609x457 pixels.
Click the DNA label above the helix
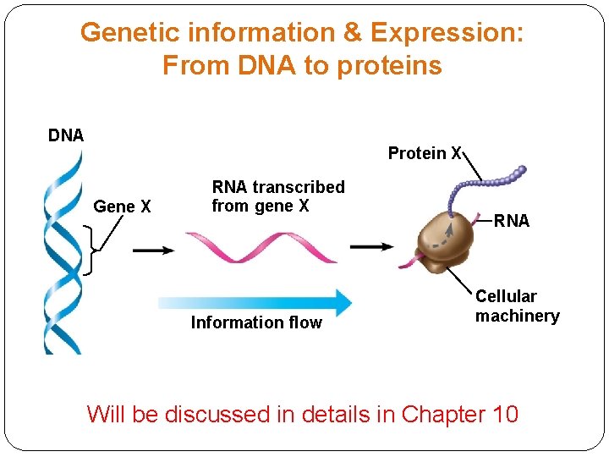(65, 135)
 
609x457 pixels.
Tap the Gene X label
(122, 206)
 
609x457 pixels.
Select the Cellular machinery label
(517, 306)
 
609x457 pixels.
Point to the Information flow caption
(256, 322)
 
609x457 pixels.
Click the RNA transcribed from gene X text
(277, 196)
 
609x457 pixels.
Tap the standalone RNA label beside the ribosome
(512, 221)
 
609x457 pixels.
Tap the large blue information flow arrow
(254, 301)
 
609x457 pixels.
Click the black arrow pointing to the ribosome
(371, 247)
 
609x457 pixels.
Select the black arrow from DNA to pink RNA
(153, 251)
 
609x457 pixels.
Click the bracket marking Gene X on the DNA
(91, 251)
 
